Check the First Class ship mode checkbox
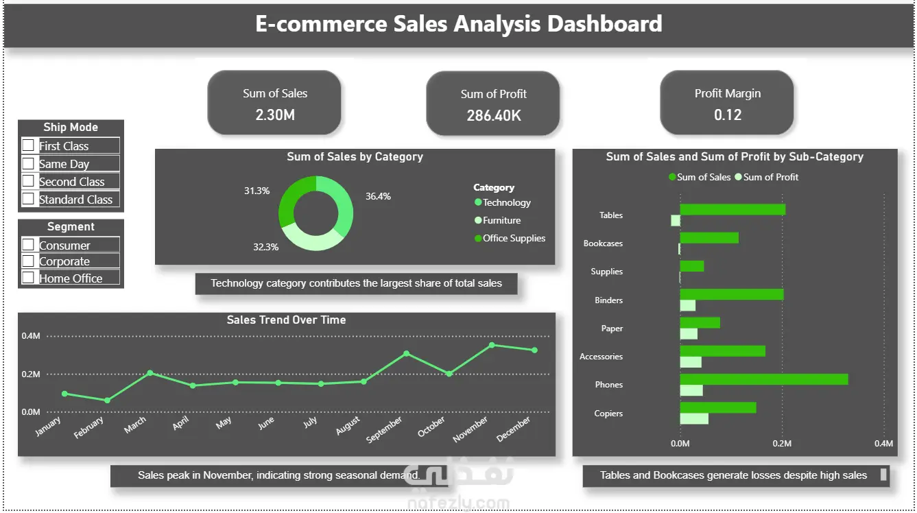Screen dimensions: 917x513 28,145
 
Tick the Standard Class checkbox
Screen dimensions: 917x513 28,199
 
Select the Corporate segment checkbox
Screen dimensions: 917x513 28,261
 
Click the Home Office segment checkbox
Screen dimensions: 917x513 28,278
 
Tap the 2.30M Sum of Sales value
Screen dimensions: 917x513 275,115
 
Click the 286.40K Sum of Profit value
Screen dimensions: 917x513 494,116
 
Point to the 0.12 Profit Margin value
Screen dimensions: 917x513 728,115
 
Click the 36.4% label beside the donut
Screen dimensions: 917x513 378,197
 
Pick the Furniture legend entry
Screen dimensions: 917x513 497,220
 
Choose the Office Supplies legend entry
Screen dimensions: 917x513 510,238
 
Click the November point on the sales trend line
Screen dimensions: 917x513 492,345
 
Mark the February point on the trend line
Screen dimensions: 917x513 107,401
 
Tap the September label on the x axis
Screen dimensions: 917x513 384,429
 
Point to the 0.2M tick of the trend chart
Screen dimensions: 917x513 31,374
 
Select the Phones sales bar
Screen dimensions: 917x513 764,379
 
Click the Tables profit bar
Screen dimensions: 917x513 676,221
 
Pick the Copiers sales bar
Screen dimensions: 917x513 718,408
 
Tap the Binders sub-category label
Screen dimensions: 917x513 608,300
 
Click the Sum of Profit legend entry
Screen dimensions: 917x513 767,177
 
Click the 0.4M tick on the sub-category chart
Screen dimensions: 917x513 884,444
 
